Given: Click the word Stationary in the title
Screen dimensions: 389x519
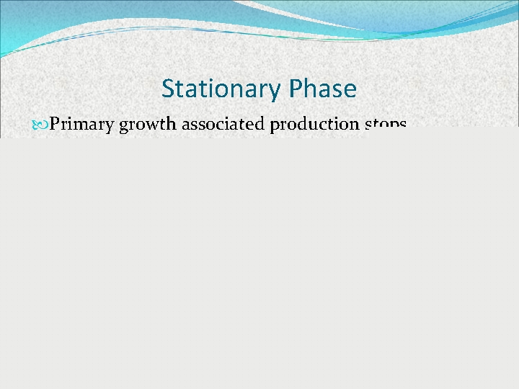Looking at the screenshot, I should point(221,89).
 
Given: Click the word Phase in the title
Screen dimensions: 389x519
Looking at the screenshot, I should point(322,89).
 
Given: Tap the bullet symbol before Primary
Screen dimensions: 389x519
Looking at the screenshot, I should point(40,125).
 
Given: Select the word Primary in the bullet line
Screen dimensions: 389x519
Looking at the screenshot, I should point(81,125).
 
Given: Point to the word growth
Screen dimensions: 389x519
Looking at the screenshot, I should point(148,125).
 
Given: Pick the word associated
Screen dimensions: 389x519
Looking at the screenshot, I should point(223,125).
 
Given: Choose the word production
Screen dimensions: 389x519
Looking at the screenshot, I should point(315,125).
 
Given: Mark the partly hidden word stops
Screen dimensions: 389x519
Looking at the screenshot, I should point(386,125).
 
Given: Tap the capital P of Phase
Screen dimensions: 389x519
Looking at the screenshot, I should point(294,89).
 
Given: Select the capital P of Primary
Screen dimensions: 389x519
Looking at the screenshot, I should point(55,125).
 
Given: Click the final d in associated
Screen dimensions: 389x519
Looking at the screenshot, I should point(261,125).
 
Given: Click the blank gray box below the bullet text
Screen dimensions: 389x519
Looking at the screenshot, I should point(259,259).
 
